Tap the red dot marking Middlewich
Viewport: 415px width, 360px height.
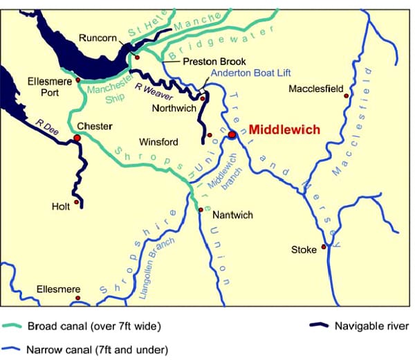click(x=232, y=134)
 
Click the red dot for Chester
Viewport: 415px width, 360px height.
click(x=77, y=138)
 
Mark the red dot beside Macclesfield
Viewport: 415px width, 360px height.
click(x=346, y=97)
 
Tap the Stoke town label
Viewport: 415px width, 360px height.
click(x=304, y=250)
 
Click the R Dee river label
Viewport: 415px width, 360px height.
click(x=47, y=127)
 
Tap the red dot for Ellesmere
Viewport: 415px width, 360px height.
click(x=78, y=298)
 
